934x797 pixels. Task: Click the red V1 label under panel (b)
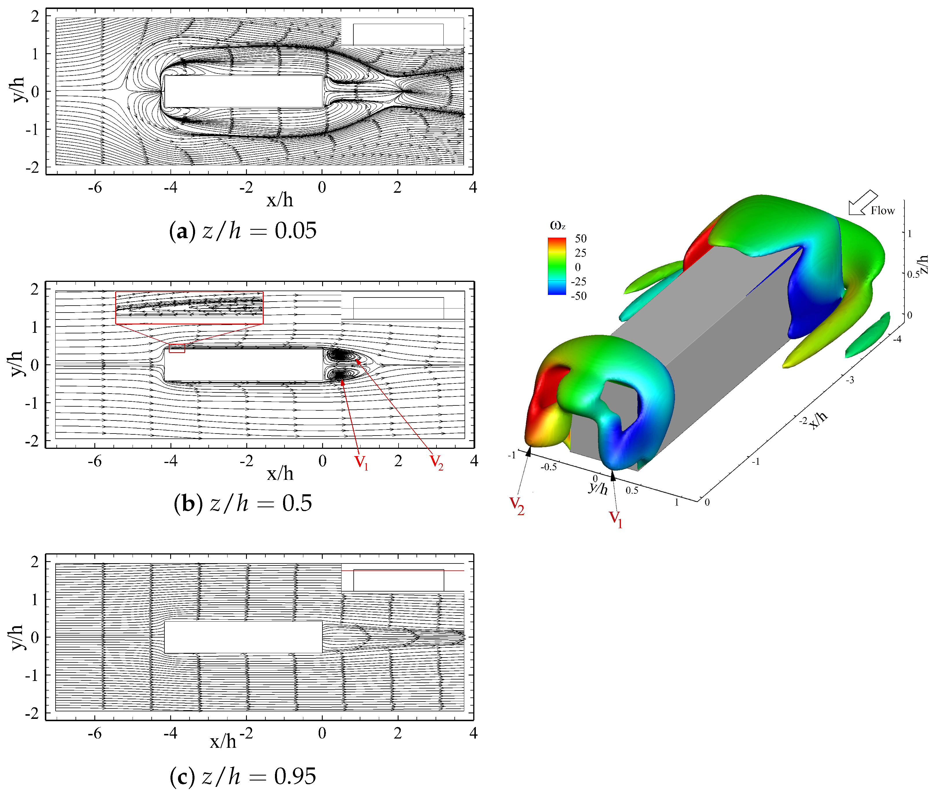coord(362,462)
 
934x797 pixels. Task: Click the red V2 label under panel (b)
coord(436,462)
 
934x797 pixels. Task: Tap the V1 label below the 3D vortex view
coord(616,519)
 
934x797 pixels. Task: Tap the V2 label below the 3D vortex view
coord(517,506)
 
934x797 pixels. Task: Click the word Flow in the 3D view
coord(882,210)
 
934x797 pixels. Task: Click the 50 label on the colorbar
coord(581,238)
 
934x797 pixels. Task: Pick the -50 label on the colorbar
coord(579,296)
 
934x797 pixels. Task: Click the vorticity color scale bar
coord(557,267)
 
